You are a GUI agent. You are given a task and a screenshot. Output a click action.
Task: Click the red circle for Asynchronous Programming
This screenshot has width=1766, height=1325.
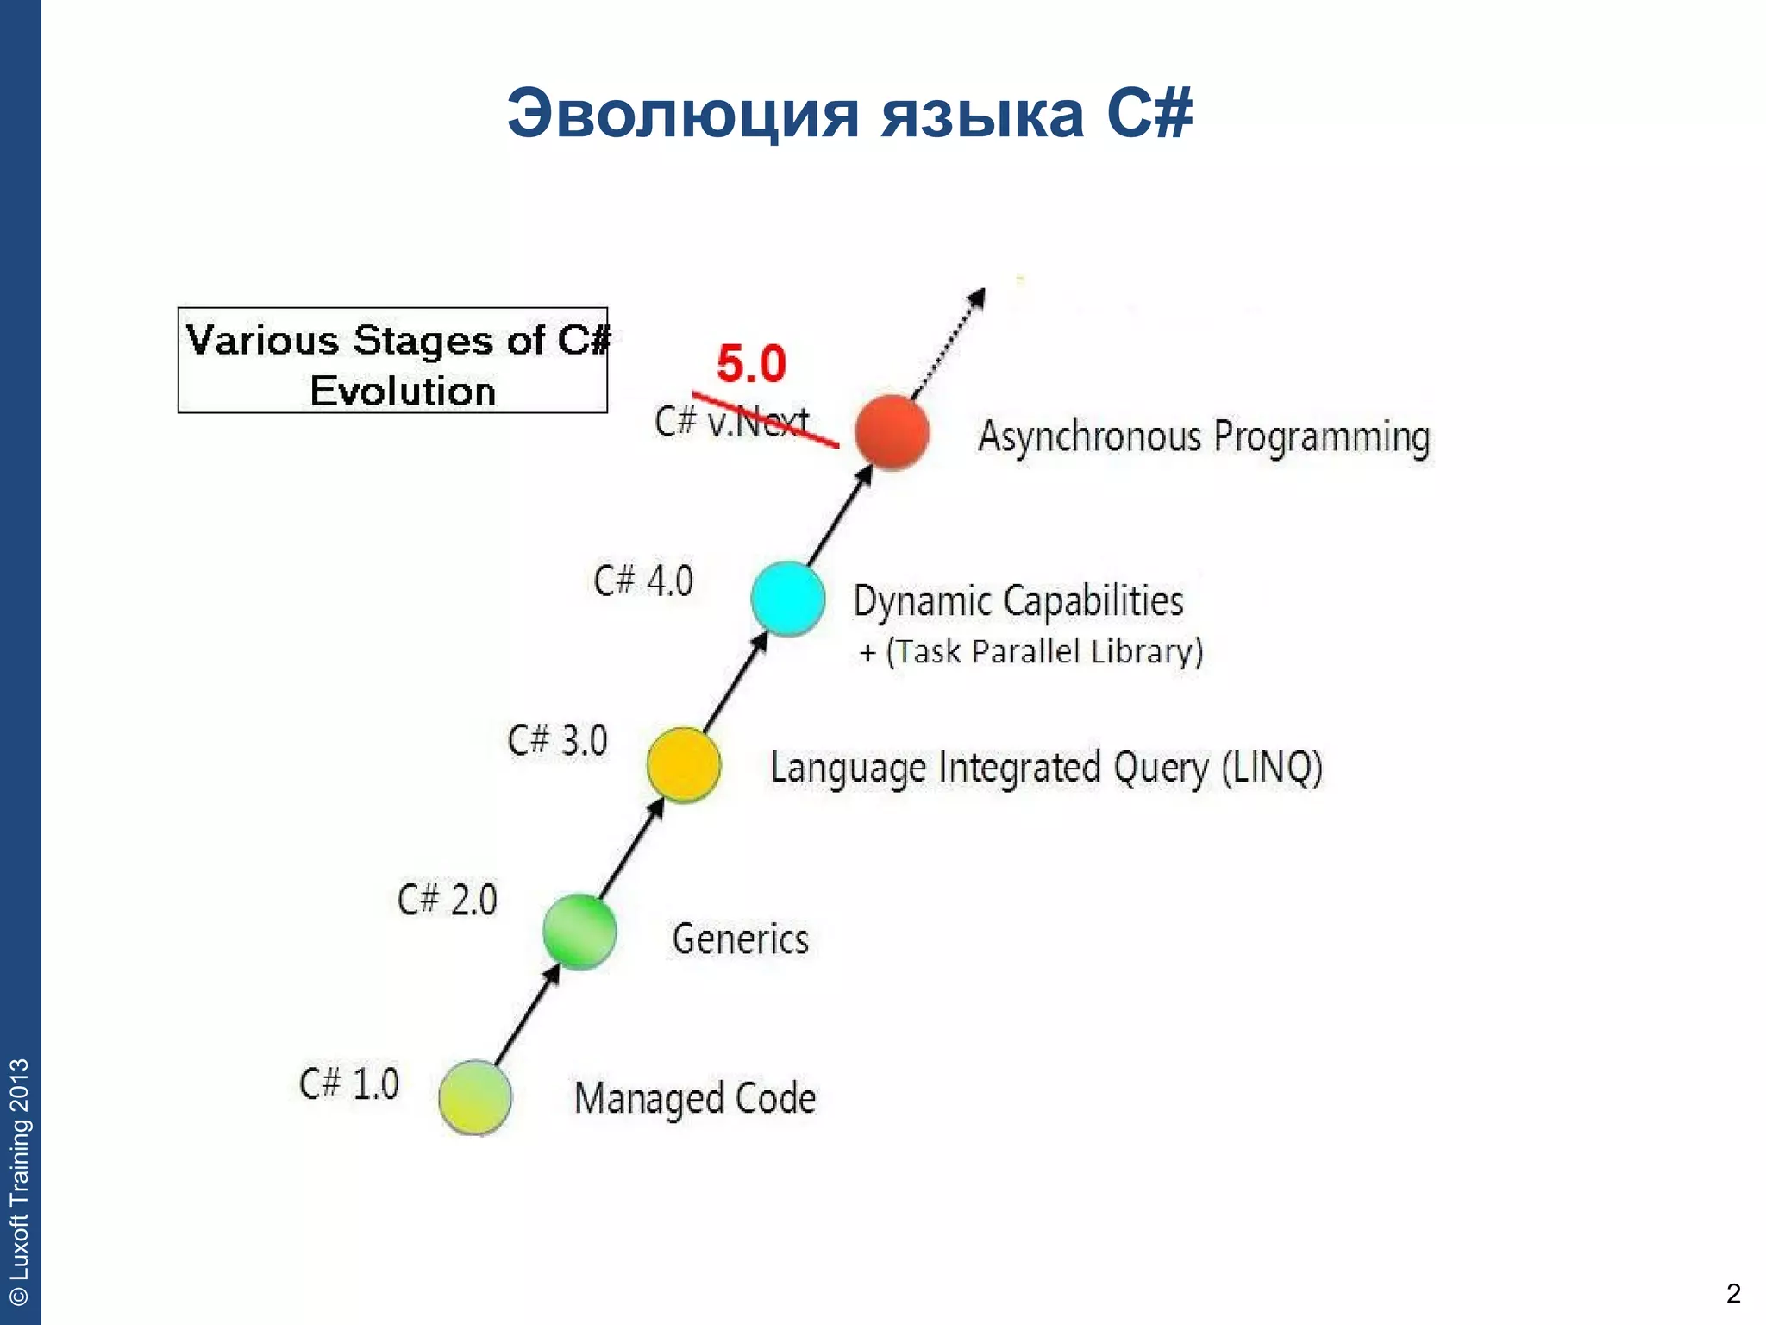click(x=892, y=432)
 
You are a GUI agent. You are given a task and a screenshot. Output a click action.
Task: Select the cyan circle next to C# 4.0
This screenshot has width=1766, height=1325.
click(x=787, y=599)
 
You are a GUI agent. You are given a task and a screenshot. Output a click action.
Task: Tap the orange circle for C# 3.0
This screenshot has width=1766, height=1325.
click(x=684, y=764)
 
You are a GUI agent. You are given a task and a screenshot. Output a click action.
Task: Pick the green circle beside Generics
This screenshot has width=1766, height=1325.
click(x=579, y=932)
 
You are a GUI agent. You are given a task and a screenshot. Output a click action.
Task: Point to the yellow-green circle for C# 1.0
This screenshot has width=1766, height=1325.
click(x=475, y=1097)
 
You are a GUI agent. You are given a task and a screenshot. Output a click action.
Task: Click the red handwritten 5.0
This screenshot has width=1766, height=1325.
click(x=751, y=363)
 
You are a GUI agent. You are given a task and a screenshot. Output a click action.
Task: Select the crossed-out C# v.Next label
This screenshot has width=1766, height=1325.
click(x=731, y=421)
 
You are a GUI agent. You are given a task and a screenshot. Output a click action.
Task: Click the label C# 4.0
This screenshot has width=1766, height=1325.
click(x=643, y=581)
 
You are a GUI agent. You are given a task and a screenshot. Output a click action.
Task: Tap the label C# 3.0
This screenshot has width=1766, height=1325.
click(x=558, y=740)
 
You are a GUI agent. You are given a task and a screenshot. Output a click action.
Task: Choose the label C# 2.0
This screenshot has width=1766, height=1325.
click(x=447, y=900)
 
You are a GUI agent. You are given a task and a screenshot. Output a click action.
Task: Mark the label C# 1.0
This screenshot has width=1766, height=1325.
click(x=349, y=1083)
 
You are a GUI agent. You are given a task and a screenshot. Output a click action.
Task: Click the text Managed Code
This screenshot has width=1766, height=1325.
click(x=695, y=1098)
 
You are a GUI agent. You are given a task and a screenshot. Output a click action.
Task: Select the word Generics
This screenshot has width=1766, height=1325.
click(x=740, y=939)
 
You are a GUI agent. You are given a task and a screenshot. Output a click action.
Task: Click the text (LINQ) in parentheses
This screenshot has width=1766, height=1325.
click(x=1272, y=767)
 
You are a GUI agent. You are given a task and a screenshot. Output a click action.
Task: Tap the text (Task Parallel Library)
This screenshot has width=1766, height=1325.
click(x=1043, y=651)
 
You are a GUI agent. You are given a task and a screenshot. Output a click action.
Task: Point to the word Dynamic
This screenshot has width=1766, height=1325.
click(x=921, y=601)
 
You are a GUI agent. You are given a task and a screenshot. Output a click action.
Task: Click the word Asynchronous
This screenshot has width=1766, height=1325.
click(x=1089, y=436)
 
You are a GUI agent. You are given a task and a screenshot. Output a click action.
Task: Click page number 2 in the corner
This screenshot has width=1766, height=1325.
click(x=1733, y=1293)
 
